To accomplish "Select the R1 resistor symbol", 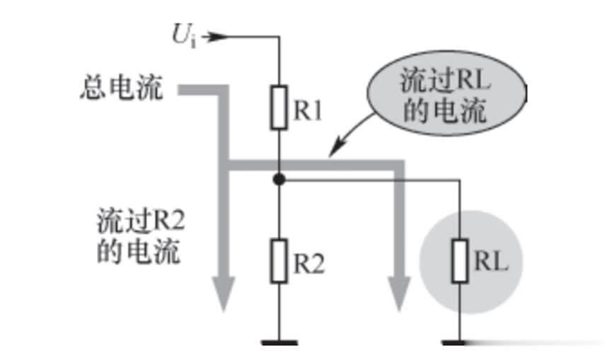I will click(x=279, y=108).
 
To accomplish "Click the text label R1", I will click(x=308, y=111).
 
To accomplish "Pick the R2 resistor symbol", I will click(x=279, y=261).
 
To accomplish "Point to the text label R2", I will click(x=309, y=264).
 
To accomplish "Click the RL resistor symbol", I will click(x=460, y=261).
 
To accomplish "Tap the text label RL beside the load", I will click(x=490, y=262).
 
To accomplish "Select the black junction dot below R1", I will click(x=279, y=180).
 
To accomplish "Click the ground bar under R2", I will click(x=279, y=343).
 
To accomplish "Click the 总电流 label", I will click(x=121, y=89).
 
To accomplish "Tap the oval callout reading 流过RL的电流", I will click(x=446, y=96).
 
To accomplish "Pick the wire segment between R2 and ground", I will click(x=279, y=311).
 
